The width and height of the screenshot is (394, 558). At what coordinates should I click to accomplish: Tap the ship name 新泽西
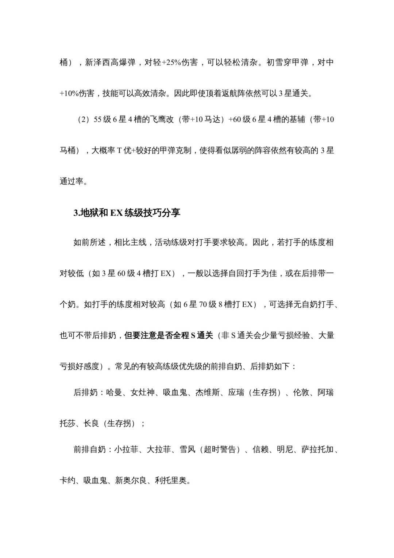tap(97, 62)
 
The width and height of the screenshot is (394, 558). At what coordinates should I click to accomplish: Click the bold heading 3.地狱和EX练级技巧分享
tap(127, 213)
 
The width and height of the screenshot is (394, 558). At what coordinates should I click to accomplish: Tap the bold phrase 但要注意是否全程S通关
tap(169, 335)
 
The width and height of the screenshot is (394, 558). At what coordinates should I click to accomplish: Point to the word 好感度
tap(87, 366)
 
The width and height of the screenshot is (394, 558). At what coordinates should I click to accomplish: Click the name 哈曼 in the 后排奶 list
tap(114, 392)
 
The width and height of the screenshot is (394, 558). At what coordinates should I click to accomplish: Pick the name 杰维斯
tap(208, 392)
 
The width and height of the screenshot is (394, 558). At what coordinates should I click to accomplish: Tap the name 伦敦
tap(301, 392)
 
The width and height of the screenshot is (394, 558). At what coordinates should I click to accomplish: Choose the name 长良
tap(91, 424)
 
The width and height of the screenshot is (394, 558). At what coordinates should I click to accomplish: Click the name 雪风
tap(187, 449)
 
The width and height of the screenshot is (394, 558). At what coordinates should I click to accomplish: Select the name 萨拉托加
tap(317, 449)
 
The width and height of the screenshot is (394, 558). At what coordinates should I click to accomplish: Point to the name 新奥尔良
tap(131, 481)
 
